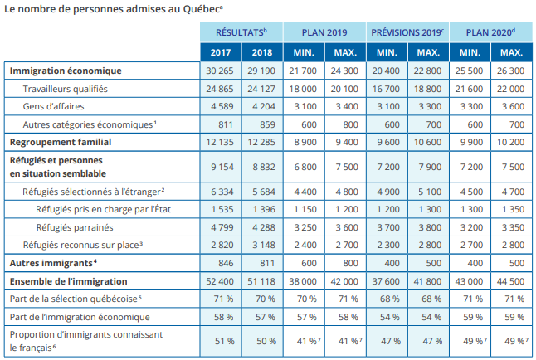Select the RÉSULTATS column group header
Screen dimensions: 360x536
click(241, 32)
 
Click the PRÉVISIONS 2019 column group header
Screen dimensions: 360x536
click(407, 32)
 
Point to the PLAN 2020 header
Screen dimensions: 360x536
click(490, 32)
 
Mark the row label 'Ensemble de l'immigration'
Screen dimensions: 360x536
click(67, 280)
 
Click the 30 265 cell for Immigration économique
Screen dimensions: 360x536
click(220, 71)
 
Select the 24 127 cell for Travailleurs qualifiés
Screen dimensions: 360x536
click(261, 89)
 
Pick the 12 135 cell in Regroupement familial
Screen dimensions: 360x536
click(220, 142)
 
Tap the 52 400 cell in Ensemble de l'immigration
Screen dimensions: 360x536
click(220, 280)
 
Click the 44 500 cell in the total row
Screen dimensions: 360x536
click(510, 280)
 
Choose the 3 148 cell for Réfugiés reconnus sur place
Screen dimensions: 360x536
click(261, 245)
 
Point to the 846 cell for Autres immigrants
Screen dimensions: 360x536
click(220, 263)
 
